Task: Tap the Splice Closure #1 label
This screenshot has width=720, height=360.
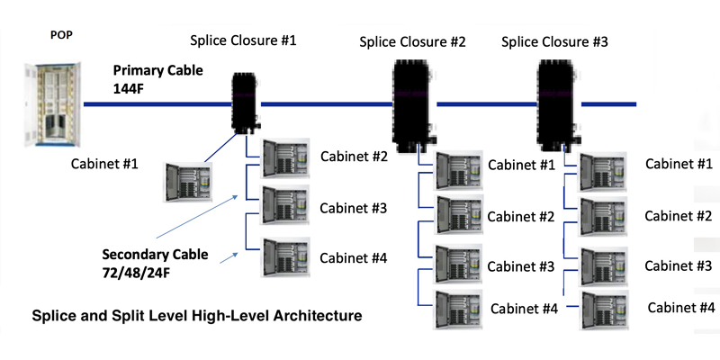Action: (x=243, y=40)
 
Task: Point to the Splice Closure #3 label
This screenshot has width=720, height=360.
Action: (x=553, y=40)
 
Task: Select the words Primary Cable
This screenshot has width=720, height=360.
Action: (x=158, y=70)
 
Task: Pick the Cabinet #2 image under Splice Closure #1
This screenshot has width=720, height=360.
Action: (x=284, y=160)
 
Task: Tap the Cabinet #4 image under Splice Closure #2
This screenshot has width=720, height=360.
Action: (x=456, y=310)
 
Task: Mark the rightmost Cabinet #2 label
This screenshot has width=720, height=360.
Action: (x=679, y=216)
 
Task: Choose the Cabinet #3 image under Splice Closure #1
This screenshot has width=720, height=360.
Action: (x=284, y=208)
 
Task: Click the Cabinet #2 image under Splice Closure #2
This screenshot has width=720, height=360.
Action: (x=456, y=215)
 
